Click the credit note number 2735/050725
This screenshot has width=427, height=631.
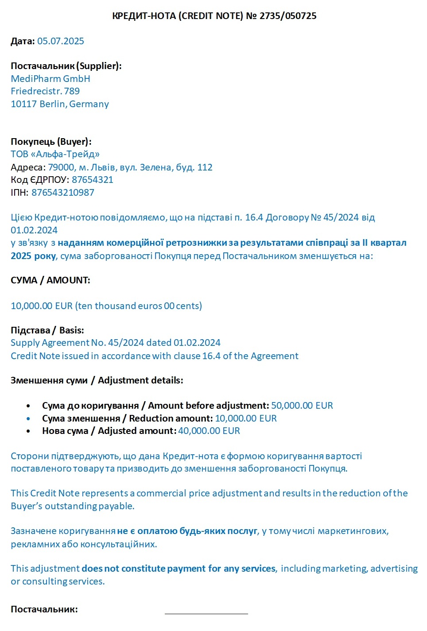click(x=288, y=16)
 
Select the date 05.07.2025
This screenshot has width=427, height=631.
click(x=61, y=41)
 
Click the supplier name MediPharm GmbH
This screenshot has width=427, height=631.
click(x=50, y=79)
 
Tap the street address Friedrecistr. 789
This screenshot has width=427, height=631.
click(x=45, y=91)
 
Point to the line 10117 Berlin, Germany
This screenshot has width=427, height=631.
click(x=60, y=104)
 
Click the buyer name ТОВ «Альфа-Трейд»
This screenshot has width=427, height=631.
click(x=55, y=154)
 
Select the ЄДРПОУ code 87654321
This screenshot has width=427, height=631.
click(x=93, y=180)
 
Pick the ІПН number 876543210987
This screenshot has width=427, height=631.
click(x=63, y=193)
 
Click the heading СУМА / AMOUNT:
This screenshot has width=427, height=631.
click(x=50, y=280)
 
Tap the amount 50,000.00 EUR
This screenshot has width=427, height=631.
click(x=302, y=406)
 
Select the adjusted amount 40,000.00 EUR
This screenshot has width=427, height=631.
click(x=209, y=431)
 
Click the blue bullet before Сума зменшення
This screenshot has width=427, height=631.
click(x=28, y=418)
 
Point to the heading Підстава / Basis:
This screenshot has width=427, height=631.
click(x=47, y=330)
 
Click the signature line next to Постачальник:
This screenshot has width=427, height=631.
click(x=206, y=613)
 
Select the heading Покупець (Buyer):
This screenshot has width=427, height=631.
click(x=51, y=142)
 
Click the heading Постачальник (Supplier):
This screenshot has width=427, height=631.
click(x=66, y=66)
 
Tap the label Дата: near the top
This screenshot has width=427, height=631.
click(x=23, y=41)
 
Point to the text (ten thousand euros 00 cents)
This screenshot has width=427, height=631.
click(x=139, y=306)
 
